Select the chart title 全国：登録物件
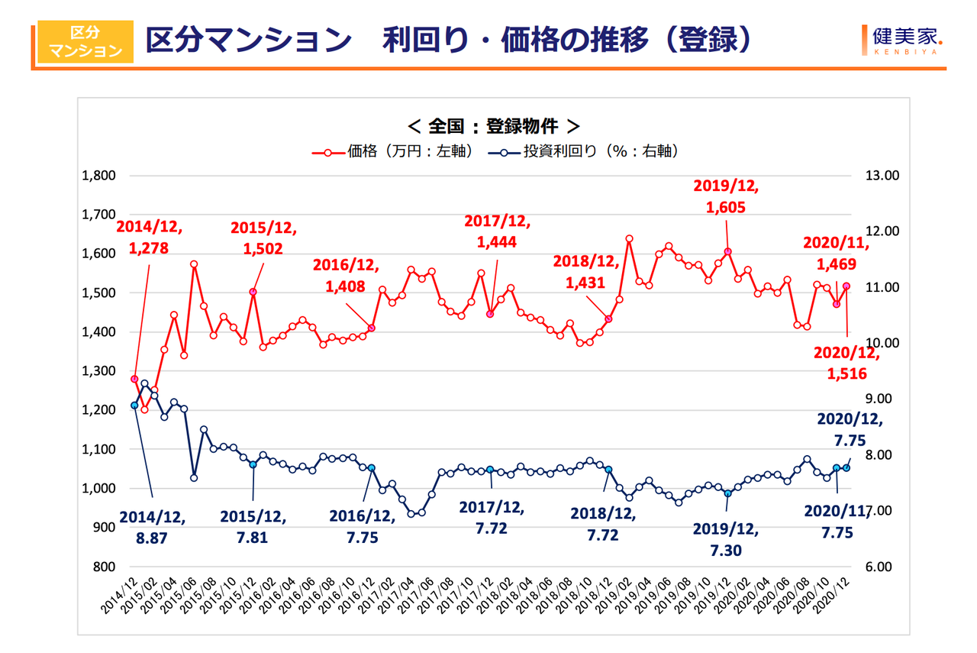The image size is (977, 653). click(x=494, y=125)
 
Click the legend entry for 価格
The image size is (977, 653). click(x=392, y=151)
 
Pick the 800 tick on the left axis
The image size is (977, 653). click(x=104, y=567)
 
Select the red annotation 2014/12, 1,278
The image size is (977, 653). click(x=149, y=237)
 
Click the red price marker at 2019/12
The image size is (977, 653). click(x=728, y=252)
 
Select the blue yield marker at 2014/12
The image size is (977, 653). click(x=135, y=406)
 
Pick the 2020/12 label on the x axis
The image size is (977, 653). click(x=836, y=594)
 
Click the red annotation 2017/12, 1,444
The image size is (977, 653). click(x=496, y=231)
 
